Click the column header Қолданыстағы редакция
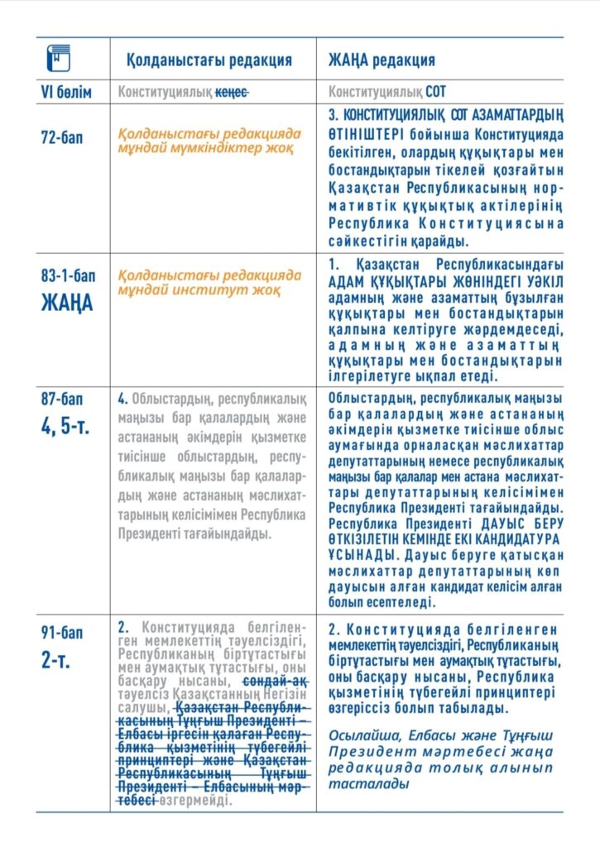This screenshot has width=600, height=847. (x=209, y=60)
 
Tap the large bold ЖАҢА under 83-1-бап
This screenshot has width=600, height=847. (x=67, y=301)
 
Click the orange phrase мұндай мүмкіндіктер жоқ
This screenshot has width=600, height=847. (x=199, y=147)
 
